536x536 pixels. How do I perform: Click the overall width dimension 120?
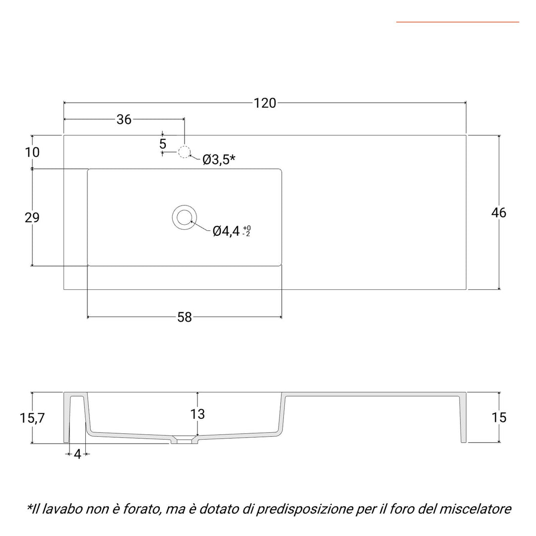point(265,103)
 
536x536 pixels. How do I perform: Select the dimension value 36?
point(124,120)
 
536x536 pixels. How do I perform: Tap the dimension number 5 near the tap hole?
point(163,144)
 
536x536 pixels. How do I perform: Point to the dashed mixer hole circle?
point(185,152)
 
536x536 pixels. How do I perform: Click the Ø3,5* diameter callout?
point(218,160)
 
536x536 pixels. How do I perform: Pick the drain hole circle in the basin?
point(184,217)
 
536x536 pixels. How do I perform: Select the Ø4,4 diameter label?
point(226,231)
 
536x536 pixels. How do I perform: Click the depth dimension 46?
point(499,213)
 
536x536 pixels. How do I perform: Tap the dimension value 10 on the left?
point(32,152)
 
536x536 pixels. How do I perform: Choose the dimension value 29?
point(32,217)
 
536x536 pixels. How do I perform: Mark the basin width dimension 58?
point(185,318)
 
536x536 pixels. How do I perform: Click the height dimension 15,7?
point(33,418)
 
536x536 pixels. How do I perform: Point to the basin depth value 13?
point(198,414)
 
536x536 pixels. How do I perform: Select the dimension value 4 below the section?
point(77,454)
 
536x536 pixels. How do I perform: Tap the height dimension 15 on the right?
point(500,418)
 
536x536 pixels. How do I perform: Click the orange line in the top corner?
point(457,22)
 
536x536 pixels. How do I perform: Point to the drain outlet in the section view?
point(184,440)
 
